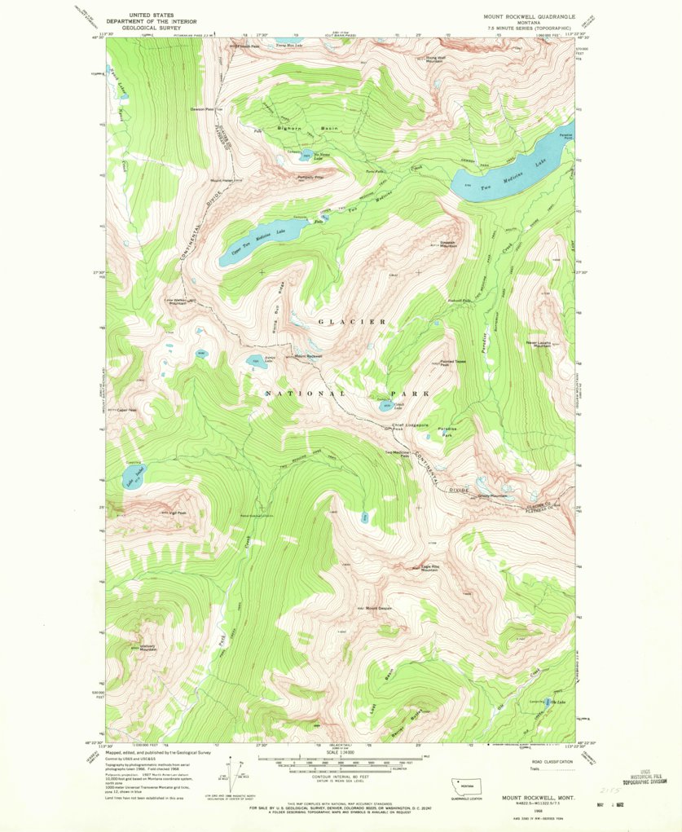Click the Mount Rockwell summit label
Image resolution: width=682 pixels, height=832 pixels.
pos(310,356)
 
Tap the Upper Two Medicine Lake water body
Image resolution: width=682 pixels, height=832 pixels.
pos(253,244)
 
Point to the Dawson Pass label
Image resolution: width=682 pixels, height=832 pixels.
pos(202,109)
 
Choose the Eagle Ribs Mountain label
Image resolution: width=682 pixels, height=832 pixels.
pos(429,568)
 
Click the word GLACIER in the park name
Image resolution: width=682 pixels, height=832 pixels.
pos(352,321)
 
